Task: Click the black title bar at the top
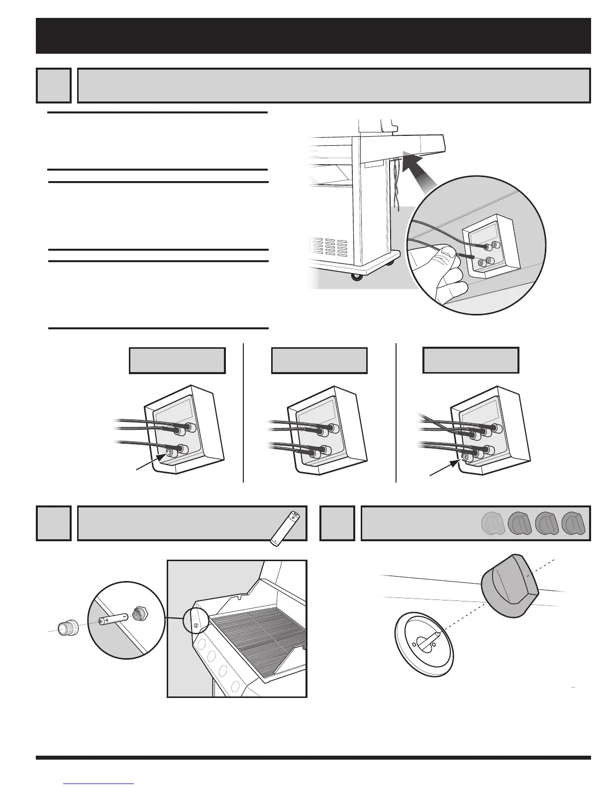click(313, 36)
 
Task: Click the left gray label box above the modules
click(177, 361)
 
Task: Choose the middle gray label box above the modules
click(319, 361)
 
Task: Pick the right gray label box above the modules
click(471, 361)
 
